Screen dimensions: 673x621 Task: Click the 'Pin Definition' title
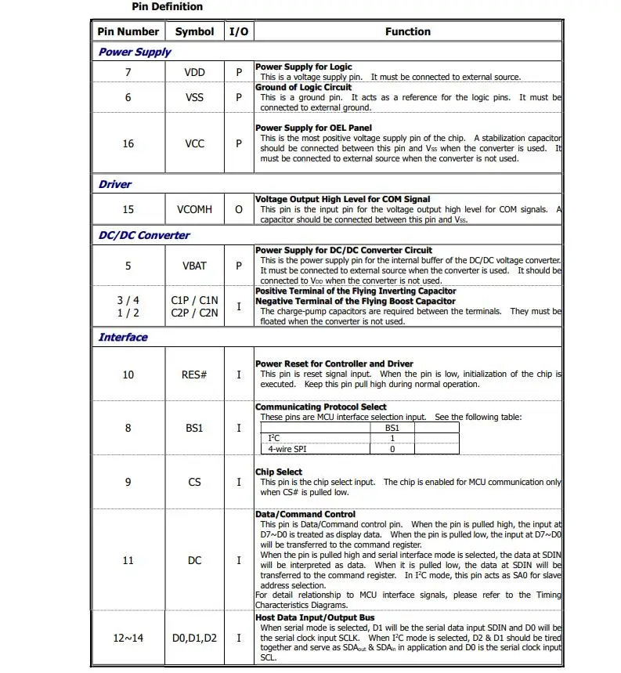click(167, 7)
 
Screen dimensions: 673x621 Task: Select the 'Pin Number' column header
click(128, 32)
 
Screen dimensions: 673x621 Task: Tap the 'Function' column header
click(407, 32)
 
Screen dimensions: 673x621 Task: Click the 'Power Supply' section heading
click(135, 52)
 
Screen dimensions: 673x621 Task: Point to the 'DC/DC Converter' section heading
click(144, 235)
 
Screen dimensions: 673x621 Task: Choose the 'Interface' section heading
click(123, 338)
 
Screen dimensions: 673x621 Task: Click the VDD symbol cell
click(194, 72)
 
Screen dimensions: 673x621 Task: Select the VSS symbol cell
click(194, 97)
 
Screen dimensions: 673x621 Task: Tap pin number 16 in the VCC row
click(128, 143)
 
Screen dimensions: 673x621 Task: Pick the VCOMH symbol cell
click(194, 209)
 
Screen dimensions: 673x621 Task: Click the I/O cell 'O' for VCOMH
click(239, 209)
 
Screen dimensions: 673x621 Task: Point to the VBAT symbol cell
click(194, 266)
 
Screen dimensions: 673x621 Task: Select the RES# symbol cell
click(194, 374)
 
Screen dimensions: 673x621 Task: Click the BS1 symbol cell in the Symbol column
click(194, 428)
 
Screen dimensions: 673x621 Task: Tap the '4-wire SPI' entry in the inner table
click(287, 449)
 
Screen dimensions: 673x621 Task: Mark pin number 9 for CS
click(128, 482)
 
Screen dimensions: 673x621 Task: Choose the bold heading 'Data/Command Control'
click(305, 515)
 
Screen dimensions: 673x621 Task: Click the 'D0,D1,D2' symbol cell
click(194, 639)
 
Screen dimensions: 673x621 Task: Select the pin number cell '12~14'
click(128, 639)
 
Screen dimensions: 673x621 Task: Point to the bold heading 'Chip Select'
click(279, 472)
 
